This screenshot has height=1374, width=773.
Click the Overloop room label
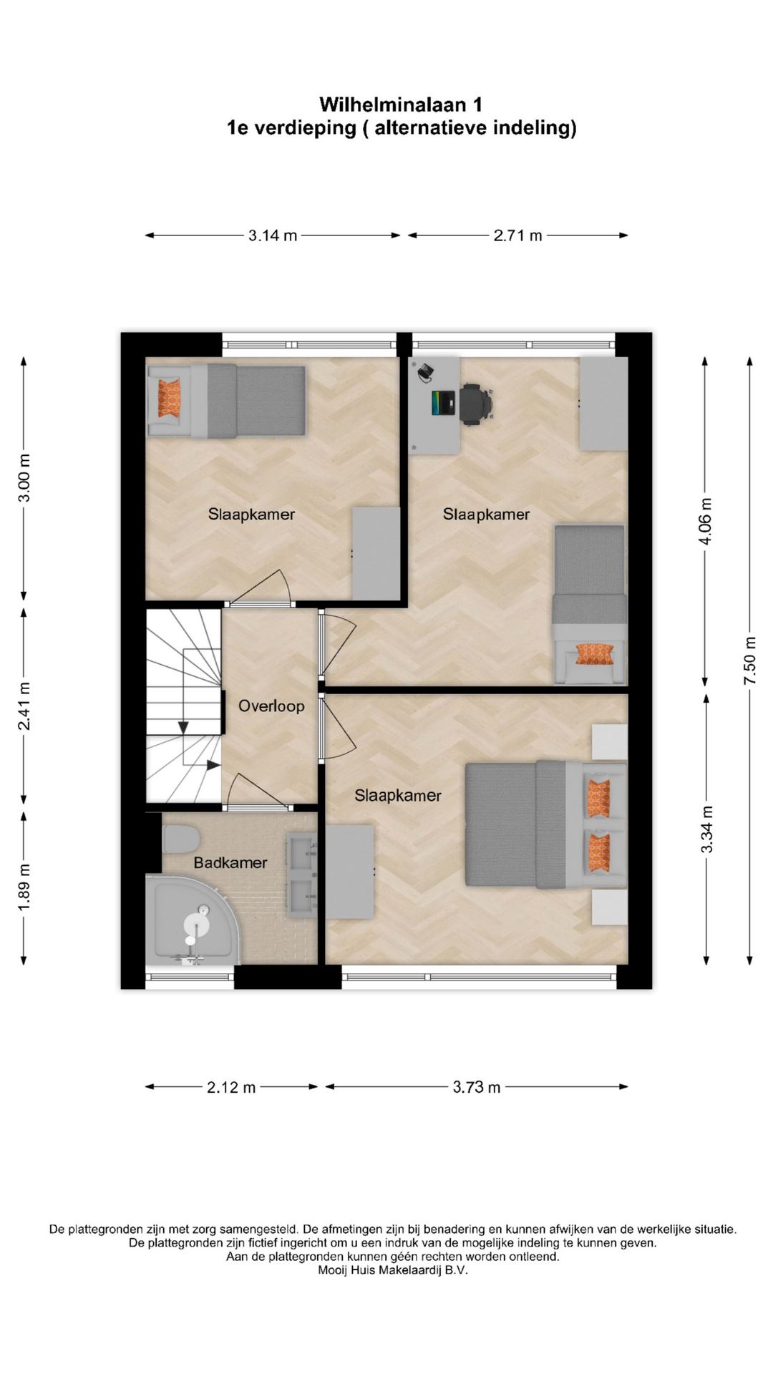pos(271,706)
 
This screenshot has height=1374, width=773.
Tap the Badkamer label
pos(230,862)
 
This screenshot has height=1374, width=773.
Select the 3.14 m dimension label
pos(273,235)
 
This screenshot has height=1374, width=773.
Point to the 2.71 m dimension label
pos(517,235)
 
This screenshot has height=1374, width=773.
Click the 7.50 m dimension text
pos(750,661)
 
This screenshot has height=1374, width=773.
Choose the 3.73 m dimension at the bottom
pos(477,1087)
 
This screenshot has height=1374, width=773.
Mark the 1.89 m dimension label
pos(24,887)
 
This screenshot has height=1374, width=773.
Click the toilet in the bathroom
pos(180,839)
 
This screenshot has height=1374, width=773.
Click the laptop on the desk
pos(444,403)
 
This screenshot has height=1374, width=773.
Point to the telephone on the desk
pos(425,370)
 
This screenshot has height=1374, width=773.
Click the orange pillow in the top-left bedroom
pos(170,399)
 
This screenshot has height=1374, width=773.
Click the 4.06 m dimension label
pos(706,520)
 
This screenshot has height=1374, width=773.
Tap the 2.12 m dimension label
pos(231,1087)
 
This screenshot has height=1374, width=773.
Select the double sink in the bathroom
pos(301,876)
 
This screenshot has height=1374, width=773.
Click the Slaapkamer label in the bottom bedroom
pos(398,796)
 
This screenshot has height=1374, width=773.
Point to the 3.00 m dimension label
pos(24,477)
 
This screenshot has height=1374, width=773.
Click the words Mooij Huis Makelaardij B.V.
pos(393,1270)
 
